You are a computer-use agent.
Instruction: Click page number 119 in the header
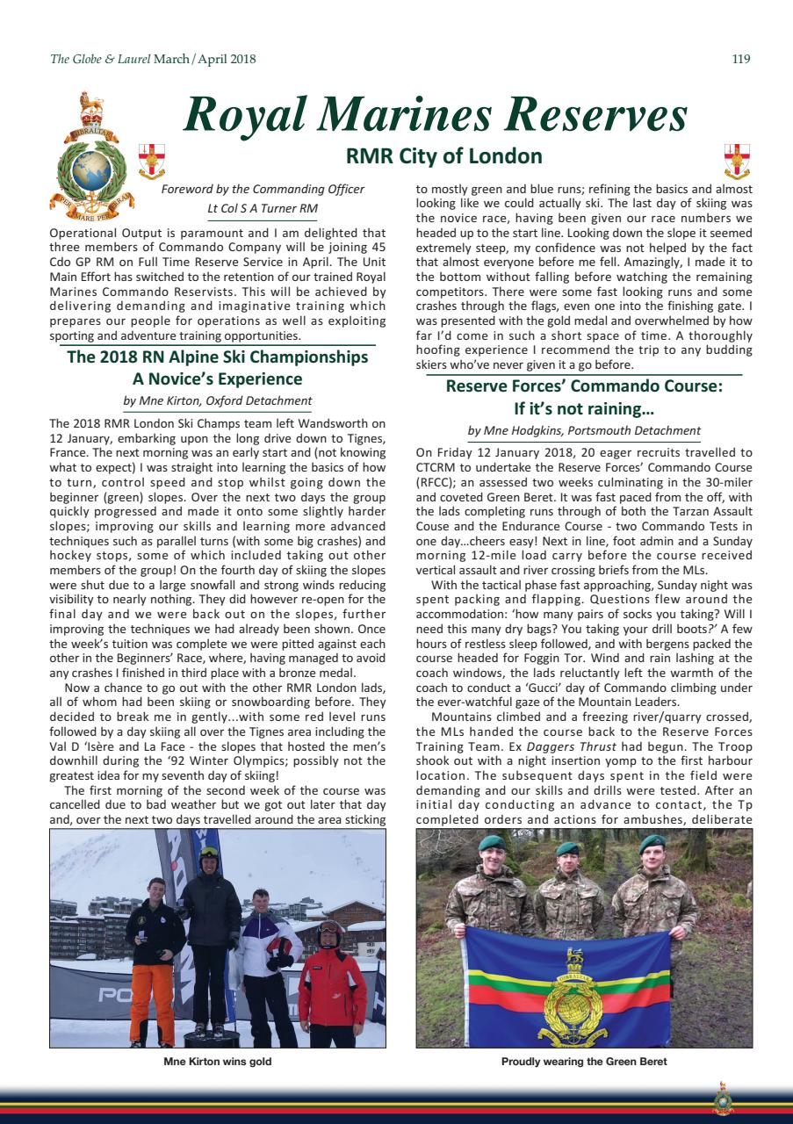[x=740, y=60]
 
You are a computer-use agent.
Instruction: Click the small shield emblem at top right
[x=736, y=160]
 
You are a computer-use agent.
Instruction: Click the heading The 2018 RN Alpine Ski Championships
[x=218, y=357]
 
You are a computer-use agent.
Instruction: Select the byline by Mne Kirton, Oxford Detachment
[x=218, y=401]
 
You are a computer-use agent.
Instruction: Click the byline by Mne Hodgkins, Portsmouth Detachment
[x=584, y=430]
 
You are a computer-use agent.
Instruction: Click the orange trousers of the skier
[x=151, y=1001]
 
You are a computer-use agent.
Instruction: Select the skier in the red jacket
[x=331, y=983]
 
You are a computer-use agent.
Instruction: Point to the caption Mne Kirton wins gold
[x=218, y=1062]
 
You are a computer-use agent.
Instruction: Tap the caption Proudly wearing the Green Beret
[x=584, y=1062]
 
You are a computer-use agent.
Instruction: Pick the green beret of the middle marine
[x=567, y=848]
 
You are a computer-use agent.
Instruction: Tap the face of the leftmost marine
[x=493, y=856]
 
